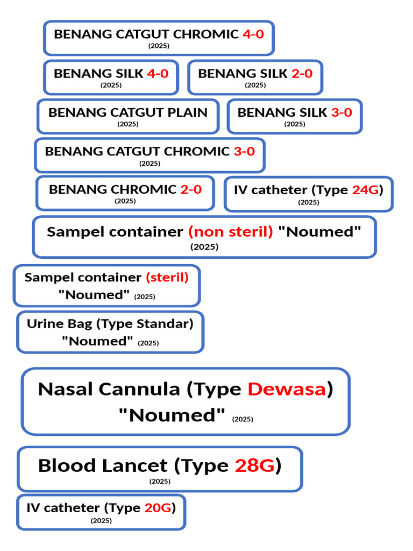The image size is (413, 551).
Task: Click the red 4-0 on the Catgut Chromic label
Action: point(253,34)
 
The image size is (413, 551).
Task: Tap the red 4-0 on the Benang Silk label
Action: point(158,73)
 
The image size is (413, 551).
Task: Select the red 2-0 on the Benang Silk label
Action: point(302,73)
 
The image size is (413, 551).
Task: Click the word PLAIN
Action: point(187,112)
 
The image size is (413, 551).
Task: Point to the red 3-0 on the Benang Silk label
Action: point(341,112)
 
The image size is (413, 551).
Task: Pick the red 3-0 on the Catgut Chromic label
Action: point(245,151)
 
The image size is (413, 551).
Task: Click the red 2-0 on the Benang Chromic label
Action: point(191,189)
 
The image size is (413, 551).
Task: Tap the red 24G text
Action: point(366,190)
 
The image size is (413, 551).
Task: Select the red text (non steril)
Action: point(231,232)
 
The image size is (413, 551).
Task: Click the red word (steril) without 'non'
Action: point(167,278)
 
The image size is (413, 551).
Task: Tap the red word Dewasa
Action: point(287,390)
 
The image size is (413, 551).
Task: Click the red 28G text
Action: point(254,465)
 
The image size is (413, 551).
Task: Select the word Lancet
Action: point(135,465)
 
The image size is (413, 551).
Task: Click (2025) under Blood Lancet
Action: point(160,482)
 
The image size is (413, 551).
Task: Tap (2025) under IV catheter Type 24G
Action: point(309,202)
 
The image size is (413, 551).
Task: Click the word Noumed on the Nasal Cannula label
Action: point(172,415)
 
